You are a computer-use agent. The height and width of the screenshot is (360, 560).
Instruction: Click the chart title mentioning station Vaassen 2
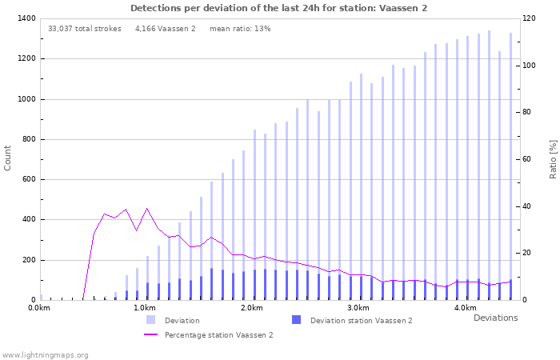(278, 8)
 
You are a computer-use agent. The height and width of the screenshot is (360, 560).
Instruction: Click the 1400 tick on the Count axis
(25, 18)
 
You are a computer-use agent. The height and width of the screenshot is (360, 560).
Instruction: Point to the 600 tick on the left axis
(28, 179)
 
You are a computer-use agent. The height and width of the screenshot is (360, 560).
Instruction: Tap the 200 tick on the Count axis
(28, 260)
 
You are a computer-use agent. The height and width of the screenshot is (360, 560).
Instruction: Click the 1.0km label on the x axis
(144, 308)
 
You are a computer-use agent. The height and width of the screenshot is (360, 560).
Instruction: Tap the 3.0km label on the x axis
(358, 308)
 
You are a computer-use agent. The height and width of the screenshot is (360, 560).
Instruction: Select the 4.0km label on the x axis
(465, 308)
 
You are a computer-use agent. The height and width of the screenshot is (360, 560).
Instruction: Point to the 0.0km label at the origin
(38, 308)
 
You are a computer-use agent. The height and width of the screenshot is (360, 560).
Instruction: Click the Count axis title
(8, 158)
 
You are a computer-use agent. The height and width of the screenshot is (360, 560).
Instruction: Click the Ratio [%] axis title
(553, 158)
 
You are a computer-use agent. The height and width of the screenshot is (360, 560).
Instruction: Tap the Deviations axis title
(495, 318)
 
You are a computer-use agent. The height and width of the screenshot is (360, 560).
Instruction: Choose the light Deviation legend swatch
(150, 320)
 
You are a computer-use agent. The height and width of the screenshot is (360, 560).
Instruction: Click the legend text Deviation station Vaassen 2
(361, 321)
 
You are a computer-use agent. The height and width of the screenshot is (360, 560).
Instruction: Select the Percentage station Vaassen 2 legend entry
(218, 335)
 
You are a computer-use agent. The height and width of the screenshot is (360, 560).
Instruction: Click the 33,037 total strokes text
(85, 29)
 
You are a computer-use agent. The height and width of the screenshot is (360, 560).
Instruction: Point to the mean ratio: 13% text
(240, 29)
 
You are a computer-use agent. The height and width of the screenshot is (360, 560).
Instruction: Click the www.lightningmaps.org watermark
(45, 354)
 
